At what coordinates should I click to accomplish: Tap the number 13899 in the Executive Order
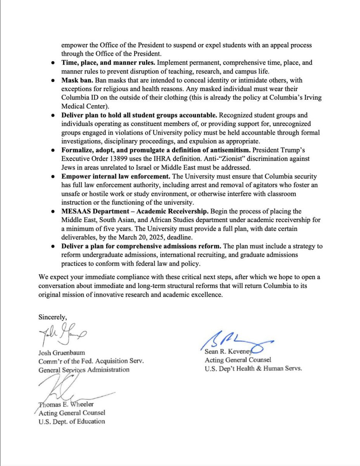(117, 159)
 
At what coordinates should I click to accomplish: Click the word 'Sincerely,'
(52, 316)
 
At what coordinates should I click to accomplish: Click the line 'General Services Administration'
(84, 370)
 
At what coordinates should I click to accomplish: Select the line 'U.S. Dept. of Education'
(71, 421)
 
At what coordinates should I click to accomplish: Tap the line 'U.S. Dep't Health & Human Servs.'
(253, 369)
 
